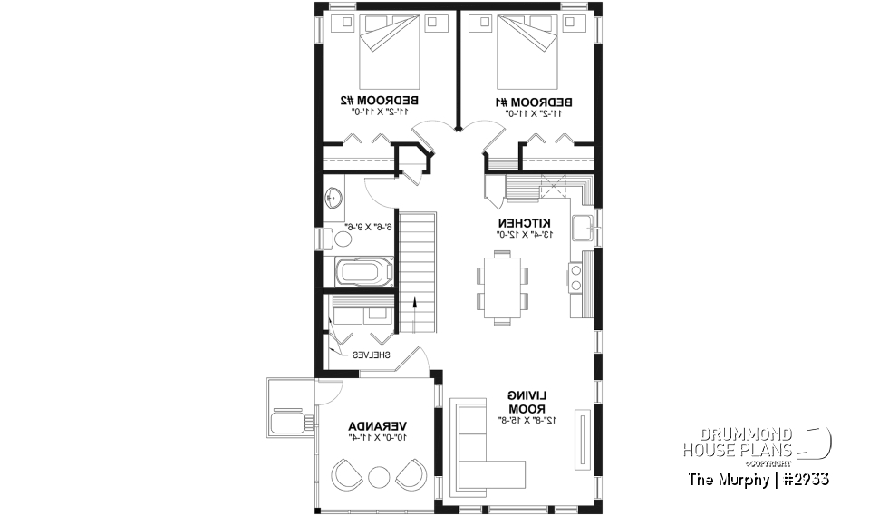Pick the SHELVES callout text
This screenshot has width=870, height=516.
371,355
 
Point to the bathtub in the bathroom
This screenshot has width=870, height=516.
365,271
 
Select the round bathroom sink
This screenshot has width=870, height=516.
334,196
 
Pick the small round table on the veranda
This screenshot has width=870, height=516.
379,474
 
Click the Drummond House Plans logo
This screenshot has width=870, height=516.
756,442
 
